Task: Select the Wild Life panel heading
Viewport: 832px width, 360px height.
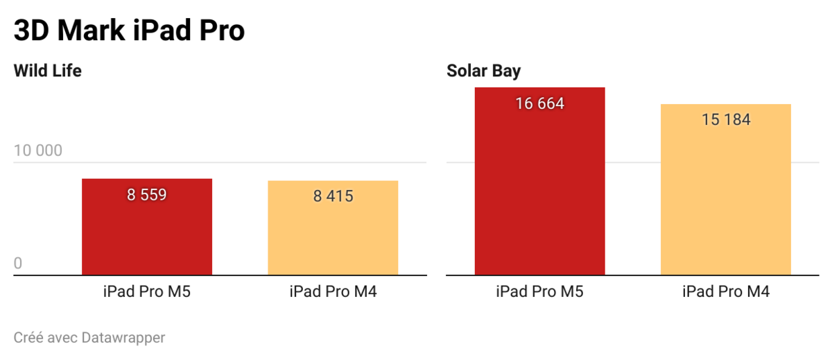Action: click(x=48, y=70)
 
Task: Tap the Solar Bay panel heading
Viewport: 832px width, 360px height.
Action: click(x=484, y=70)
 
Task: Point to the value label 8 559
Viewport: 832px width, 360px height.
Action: click(x=147, y=195)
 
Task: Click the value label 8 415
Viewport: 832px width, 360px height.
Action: click(x=333, y=196)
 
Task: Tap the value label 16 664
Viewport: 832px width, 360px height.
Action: click(x=539, y=104)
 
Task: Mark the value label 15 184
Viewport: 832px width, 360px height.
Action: click(x=726, y=119)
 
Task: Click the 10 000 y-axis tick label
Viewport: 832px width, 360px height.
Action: click(x=38, y=151)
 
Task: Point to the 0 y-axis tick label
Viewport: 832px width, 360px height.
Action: click(x=18, y=264)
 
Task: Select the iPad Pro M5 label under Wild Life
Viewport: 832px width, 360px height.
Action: click(x=147, y=291)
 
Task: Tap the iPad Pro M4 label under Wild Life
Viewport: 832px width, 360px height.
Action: click(x=333, y=291)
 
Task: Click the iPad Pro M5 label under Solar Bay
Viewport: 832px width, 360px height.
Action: click(x=539, y=291)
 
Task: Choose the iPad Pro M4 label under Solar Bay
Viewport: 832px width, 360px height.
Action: click(x=726, y=291)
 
